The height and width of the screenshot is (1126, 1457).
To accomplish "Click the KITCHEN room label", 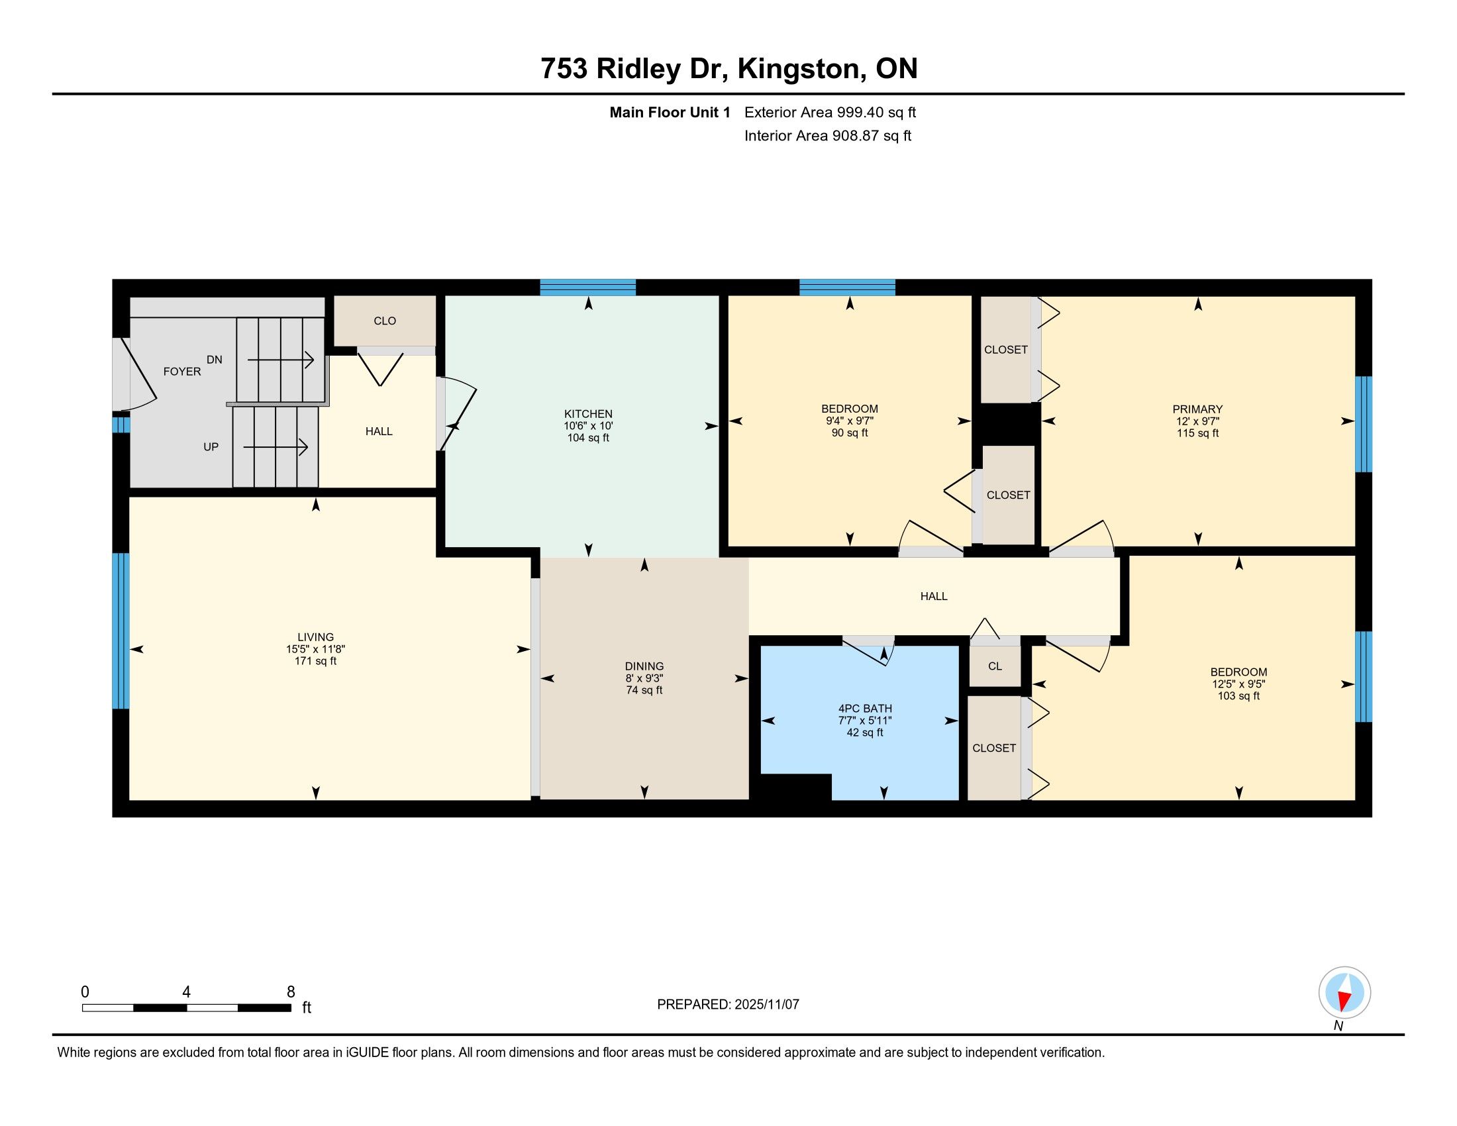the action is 587,413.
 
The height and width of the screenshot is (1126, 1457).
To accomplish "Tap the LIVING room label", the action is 315,637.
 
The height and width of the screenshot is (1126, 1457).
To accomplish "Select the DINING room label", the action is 644,666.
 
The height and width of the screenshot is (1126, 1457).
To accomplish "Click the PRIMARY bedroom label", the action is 1197,409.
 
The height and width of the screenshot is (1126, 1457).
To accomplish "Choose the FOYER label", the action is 182,372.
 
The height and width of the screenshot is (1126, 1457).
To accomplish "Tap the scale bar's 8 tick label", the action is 290,992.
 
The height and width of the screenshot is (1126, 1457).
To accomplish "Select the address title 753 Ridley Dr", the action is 633,69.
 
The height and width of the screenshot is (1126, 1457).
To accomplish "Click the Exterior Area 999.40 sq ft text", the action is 830,113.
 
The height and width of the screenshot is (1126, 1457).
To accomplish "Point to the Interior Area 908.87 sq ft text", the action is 827,136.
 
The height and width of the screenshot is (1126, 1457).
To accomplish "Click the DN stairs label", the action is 214,360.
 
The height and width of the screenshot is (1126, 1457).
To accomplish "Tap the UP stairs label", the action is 211,447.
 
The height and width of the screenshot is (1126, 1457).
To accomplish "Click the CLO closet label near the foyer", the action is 385,321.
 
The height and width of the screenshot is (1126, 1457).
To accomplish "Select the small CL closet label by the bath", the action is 995,666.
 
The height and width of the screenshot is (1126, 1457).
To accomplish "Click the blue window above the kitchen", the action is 587,287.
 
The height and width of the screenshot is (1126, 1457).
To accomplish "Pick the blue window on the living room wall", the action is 121,631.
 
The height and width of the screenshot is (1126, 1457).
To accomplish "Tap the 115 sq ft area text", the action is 1197,433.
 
